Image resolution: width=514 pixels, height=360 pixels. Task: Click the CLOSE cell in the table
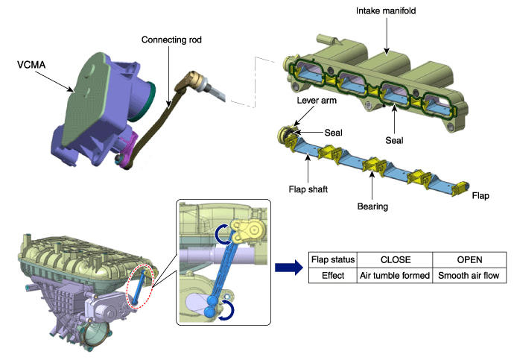coord(396,261)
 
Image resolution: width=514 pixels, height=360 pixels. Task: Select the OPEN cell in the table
coord(469,261)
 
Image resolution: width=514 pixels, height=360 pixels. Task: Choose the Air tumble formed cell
coord(396,275)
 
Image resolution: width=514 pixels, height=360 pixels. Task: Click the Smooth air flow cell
coord(469,275)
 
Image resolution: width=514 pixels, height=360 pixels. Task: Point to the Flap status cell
coord(333,261)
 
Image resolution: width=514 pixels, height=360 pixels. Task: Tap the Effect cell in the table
coord(333,275)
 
